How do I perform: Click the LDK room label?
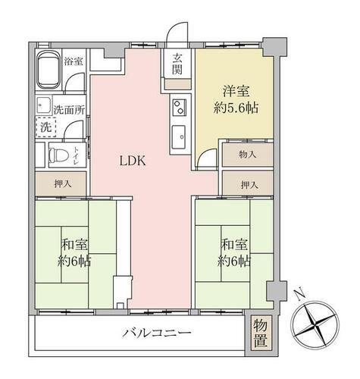(133, 161)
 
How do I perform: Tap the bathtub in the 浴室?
(49, 70)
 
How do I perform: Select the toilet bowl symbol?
(59, 155)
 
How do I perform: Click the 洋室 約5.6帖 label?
(236, 100)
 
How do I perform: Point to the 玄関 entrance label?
(177, 64)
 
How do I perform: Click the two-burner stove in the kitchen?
(180, 107)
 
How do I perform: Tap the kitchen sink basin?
(179, 137)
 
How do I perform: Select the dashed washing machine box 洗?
(45, 127)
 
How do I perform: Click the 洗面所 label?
(69, 110)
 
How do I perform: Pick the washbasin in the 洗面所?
(44, 105)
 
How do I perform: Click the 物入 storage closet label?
(247, 155)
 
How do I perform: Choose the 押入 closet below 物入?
(248, 183)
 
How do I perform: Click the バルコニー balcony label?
(157, 333)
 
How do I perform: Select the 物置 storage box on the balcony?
(261, 333)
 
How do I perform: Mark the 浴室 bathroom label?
(74, 61)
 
